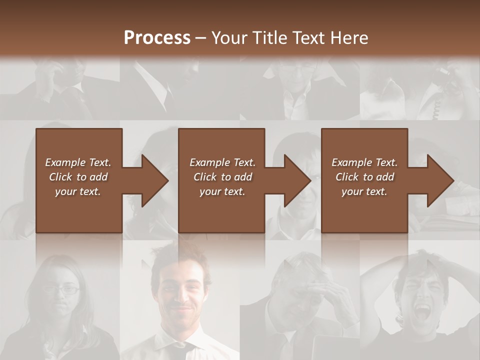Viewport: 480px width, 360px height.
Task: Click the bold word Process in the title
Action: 157,38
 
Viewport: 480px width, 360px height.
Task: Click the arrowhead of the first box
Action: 155,180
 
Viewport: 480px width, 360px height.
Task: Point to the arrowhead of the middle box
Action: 297,180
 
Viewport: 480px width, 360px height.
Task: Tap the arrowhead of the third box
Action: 440,180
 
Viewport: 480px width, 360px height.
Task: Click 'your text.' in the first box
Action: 78,191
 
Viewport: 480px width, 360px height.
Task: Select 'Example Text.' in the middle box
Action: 222,162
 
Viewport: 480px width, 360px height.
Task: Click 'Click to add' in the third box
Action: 365,177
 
